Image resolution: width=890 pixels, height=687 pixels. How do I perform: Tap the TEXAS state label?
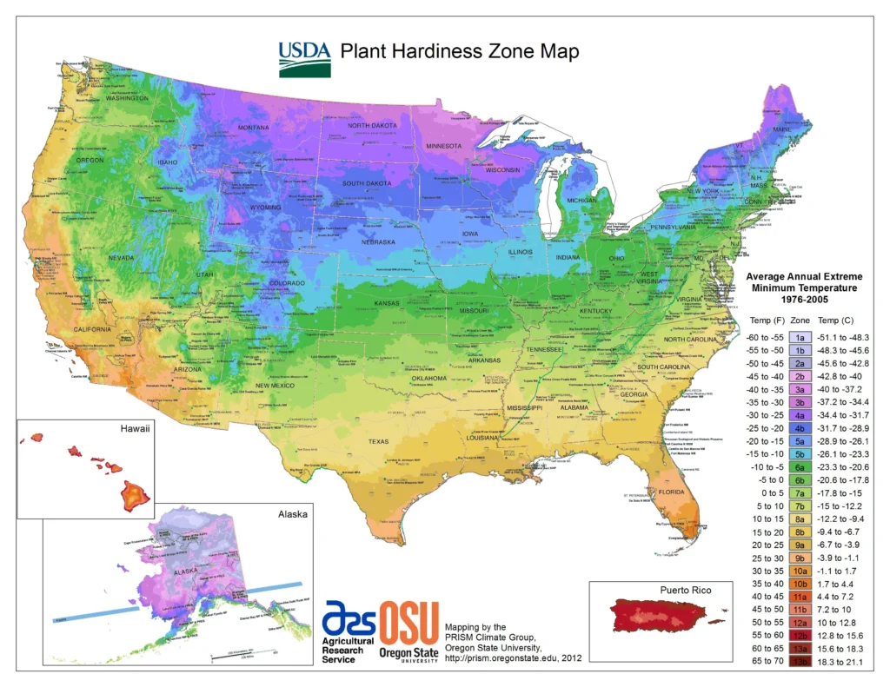point(379,441)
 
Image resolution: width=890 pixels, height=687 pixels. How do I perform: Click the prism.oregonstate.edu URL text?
point(500,658)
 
